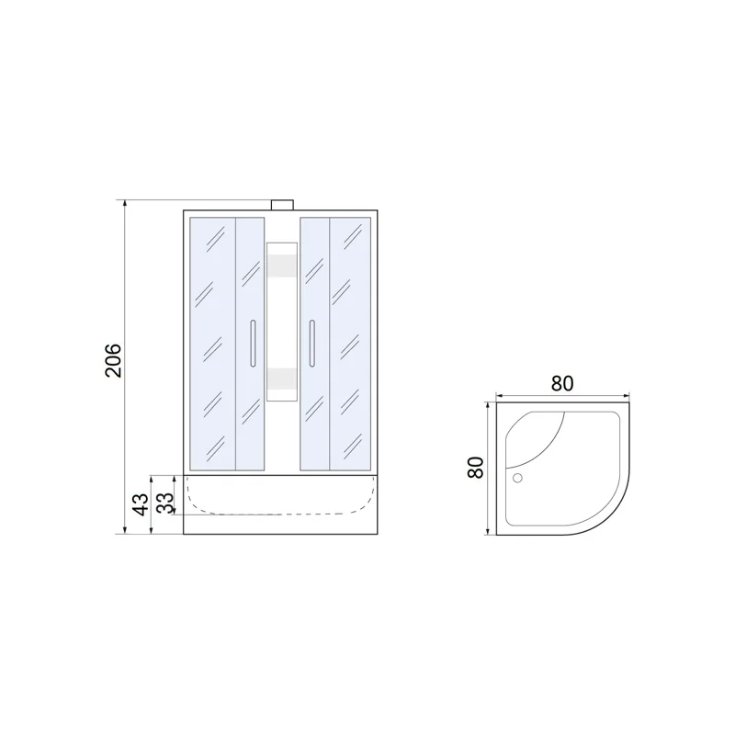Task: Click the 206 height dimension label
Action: coord(113,360)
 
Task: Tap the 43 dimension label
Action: coord(141,504)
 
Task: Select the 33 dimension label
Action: coord(165,502)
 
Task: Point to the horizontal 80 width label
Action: coord(562,383)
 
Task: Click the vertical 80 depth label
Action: coord(475,467)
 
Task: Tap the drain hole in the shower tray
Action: coord(517,478)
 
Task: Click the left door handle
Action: coord(254,343)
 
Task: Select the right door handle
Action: coord(311,343)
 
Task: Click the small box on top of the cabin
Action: coord(282,205)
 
